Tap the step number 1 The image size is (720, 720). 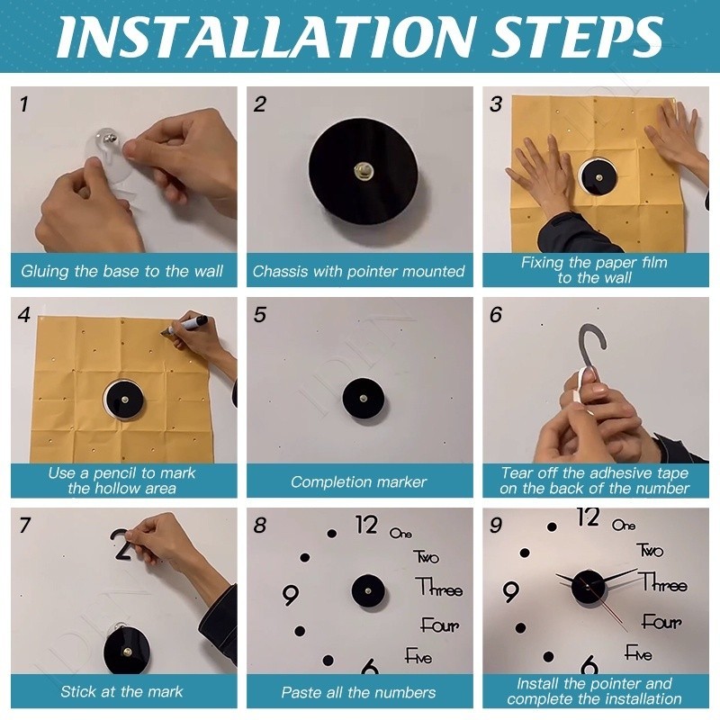24,104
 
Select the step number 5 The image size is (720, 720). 260,315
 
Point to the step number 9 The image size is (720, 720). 496,526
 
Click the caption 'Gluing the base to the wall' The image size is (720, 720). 122,271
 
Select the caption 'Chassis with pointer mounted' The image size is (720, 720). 358,271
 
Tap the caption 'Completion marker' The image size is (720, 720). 358,481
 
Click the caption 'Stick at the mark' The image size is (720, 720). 121,691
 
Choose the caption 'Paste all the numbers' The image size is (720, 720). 358,692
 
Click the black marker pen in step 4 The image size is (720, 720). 185,325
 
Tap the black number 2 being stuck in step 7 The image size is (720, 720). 121,545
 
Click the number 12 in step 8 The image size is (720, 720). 366,525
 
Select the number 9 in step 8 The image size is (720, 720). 290,595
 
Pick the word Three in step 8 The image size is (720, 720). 439,587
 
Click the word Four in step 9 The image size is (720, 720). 661,621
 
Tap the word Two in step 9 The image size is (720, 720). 650,550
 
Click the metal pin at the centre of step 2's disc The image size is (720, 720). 364,171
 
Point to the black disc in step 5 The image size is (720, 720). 364,398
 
